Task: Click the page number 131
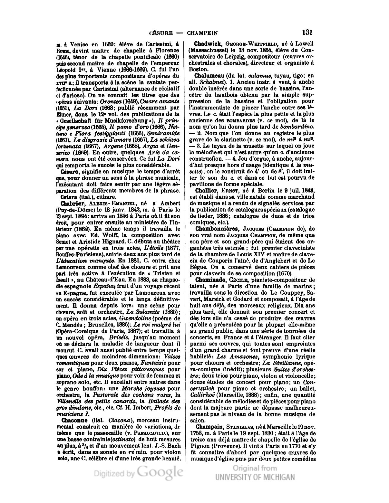click(x=308, y=32)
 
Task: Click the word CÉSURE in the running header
click(x=161, y=33)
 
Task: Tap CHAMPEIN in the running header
click(x=202, y=33)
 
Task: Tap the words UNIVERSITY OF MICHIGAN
click(x=255, y=477)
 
